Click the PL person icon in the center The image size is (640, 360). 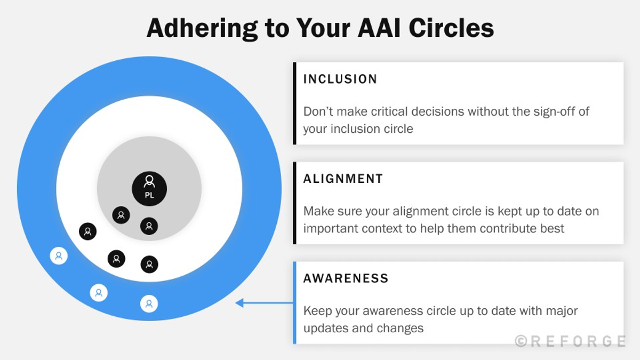point(149,188)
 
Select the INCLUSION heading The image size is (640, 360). point(340,79)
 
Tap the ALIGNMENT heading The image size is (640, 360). point(343,179)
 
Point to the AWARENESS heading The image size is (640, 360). point(346,278)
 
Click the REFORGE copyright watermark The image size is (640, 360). point(570,341)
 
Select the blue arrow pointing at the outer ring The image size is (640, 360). point(264,303)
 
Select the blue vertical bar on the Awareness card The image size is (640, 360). point(294,302)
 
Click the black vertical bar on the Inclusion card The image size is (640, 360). point(294,103)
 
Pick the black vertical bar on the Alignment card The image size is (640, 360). point(294,203)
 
